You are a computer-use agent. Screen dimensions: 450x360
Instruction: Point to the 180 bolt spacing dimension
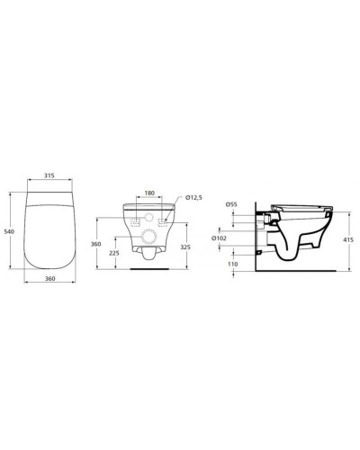(150, 193)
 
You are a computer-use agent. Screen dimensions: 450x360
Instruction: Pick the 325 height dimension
(184, 246)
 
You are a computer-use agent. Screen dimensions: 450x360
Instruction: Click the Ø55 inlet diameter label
(231, 204)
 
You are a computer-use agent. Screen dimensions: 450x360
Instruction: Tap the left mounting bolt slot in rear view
(133, 220)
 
